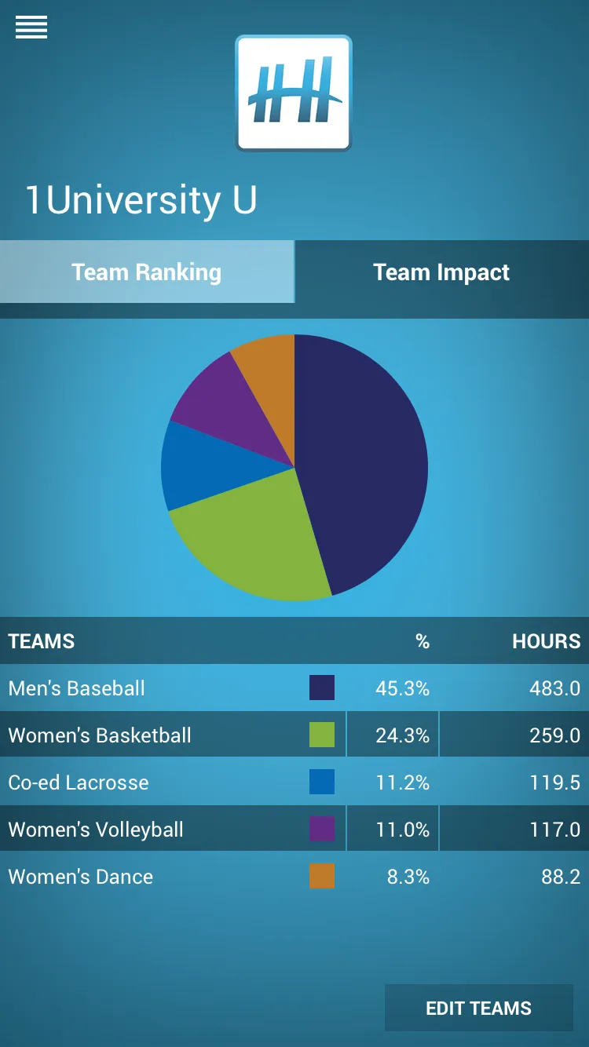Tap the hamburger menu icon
pos(31,27)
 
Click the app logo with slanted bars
pos(294,93)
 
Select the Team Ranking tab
pos(147,272)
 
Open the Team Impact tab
pos(441,272)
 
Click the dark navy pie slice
pos(361,463)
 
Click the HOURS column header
pos(546,641)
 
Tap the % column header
pos(423,641)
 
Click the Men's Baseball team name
pos(77,688)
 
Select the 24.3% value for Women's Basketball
pos(402,735)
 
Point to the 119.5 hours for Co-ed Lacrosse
pos(554,783)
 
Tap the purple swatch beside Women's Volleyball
pos(322,830)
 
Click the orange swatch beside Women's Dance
pos(322,877)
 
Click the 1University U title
pos(141,200)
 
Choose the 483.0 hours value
pos(554,688)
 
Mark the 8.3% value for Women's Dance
pos(408,877)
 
